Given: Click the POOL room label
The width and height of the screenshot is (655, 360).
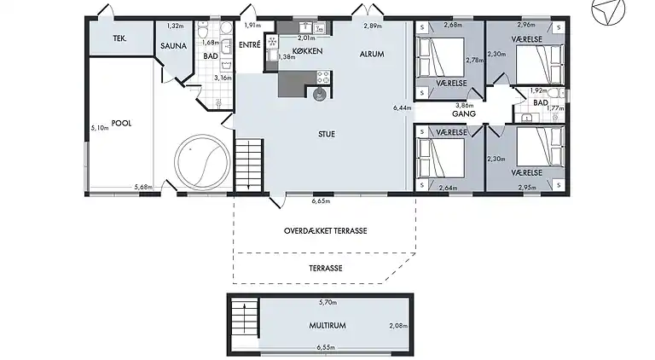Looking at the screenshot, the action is click(x=121, y=123).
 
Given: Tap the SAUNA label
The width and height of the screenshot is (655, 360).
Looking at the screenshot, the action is click(x=173, y=46).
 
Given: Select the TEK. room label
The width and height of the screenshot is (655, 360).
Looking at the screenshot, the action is click(x=120, y=38).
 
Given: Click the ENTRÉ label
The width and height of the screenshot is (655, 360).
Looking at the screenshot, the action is click(x=250, y=44).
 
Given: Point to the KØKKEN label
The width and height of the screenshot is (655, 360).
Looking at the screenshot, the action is click(x=307, y=51).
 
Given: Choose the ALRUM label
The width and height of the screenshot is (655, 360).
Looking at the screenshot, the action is click(x=372, y=55).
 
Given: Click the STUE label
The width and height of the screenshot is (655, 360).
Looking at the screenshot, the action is click(x=327, y=134).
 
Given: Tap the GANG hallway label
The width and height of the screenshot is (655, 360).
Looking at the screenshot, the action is click(x=464, y=113).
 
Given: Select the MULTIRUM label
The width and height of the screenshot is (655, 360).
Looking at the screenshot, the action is click(x=327, y=325).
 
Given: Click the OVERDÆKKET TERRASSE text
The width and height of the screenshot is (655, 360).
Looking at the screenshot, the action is click(x=326, y=231).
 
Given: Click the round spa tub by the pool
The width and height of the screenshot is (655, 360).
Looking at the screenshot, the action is click(x=202, y=162).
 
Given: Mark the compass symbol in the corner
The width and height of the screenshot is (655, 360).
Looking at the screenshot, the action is click(x=608, y=10).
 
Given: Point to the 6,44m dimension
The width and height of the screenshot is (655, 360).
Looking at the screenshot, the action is click(x=402, y=107).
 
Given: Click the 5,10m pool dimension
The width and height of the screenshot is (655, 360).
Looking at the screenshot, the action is click(x=100, y=128).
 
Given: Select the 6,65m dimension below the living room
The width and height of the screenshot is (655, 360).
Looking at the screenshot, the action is click(x=321, y=201).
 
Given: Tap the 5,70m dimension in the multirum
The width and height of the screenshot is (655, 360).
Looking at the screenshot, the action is click(x=327, y=302).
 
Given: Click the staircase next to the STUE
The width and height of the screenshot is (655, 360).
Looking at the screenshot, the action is click(x=249, y=165).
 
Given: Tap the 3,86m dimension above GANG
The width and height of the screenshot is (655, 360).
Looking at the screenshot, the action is click(x=464, y=106).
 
